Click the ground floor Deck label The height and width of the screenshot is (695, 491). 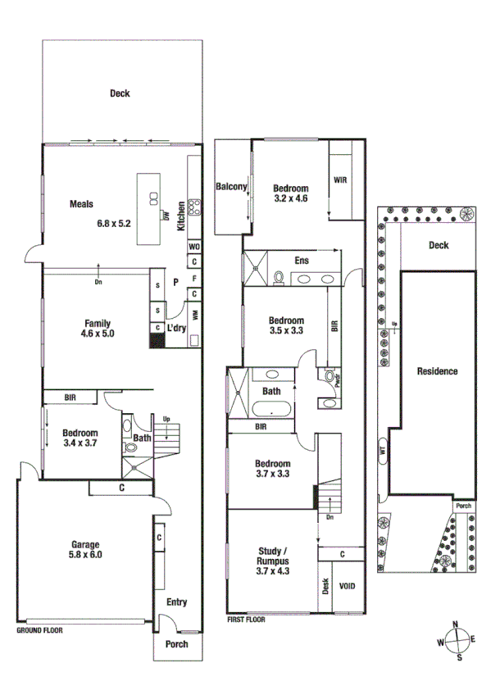(x=120, y=93)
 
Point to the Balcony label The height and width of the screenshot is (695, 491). (x=231, y=187)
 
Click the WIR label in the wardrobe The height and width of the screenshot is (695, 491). (x=341, y=180)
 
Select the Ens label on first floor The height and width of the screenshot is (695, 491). (x=302, y=261)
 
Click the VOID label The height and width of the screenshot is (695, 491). (x=348, y=587)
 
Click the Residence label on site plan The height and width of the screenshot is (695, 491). (x=437, y=371)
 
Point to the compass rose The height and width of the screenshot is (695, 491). (x=459, y=641)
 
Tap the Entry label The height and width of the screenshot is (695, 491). (x=176, y=602)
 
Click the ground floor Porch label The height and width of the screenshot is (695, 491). (x=176, y=644)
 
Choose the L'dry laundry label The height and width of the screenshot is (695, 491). (x=176, y=328)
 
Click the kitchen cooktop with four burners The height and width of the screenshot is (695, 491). (x=194, y=207)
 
